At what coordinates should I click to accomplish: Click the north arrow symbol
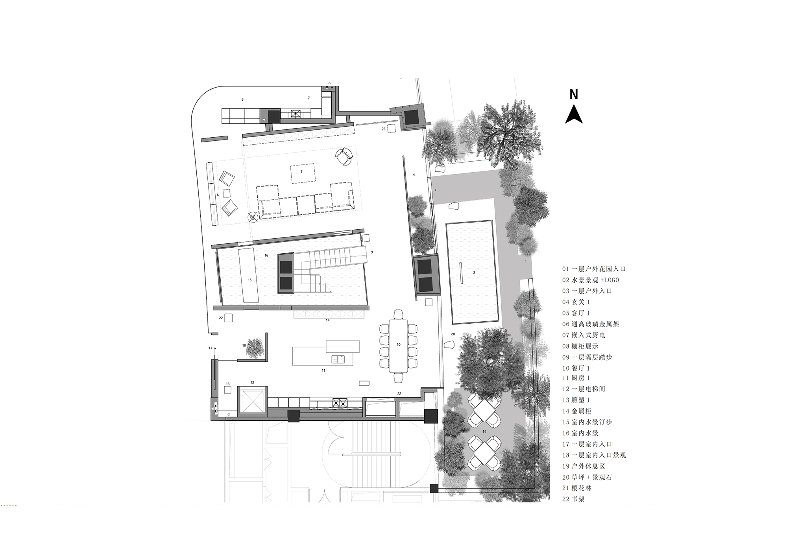pyautogui.click(x=574, y=114)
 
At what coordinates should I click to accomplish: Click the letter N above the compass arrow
pyautogui.click(x=574, y=95)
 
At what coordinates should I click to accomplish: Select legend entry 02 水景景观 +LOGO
pyautogui.click(x=590, y=280)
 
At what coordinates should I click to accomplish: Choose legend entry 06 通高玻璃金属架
pyautogui.click(x=590, y=324)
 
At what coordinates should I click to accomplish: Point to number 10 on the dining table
pyautogui.click(x=399, y=344)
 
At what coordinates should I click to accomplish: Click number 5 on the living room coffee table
pyautogui.click(x=302, y=171)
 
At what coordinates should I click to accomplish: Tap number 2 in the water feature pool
pyautogui.click(x=474, y=272)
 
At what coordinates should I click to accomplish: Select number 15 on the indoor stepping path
pyautogui.click(x=249, y=280)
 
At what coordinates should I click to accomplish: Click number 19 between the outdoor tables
pyautogui.click(x=484, y=431)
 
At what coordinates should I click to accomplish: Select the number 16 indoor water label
pyautogui.click(x=266, y=255)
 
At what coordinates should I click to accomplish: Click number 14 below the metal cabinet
pyautogui.click(x=328, y=320)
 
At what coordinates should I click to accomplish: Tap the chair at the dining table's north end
pyautogui.click(x=398, y=314)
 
